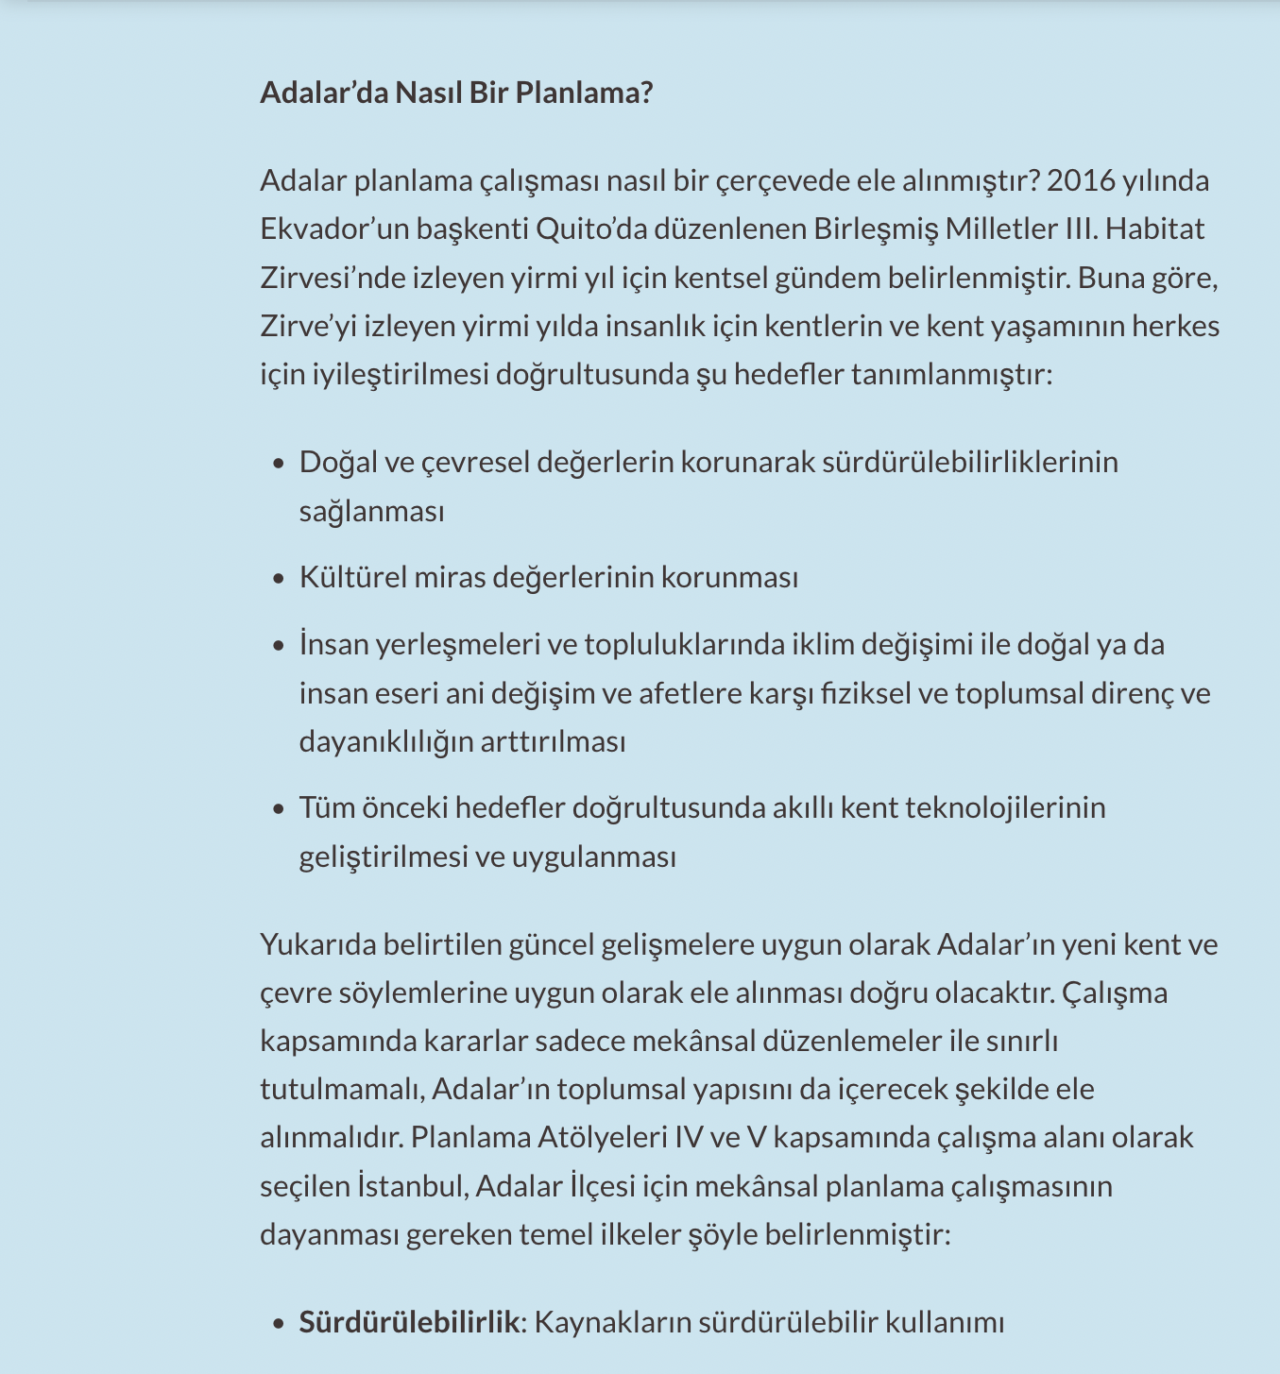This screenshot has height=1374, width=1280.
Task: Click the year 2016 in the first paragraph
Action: coord(1080,180)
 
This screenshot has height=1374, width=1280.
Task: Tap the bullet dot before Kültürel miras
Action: coord(278,578)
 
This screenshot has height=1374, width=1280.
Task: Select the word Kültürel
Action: coord(352,577)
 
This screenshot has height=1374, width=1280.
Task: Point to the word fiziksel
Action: coord(865,693)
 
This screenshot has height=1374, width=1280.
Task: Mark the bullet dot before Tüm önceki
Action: coord(278,809)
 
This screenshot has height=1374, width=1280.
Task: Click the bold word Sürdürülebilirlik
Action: coord(409,1322)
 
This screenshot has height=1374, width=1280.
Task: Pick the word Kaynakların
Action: coord(611,1322)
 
